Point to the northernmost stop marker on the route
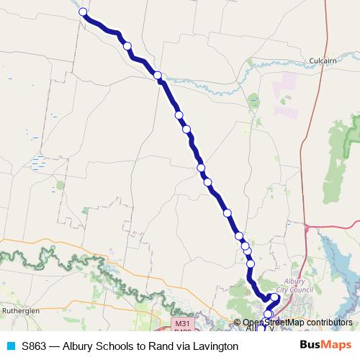(83, 12)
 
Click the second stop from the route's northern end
(127, 46)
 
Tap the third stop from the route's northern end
(157, 75)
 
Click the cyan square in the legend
(11, 346)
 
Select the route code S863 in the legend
(35, 346)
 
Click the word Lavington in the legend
(213, 346)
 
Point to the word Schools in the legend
(114, 346)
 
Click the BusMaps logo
(325, 346)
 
